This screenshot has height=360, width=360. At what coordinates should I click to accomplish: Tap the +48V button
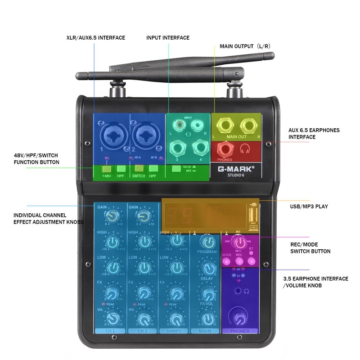click(x=106, y=169)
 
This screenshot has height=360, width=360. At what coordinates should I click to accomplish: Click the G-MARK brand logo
click(x=236, y=169)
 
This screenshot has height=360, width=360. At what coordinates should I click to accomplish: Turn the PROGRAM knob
click(x=207, y=241)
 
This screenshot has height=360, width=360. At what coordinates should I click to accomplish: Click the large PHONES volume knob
click(x=240, y=318)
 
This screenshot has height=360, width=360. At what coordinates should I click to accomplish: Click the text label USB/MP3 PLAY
click(x=309, y=207)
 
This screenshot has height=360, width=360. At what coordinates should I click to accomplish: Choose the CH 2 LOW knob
click(x=144, y=268)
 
